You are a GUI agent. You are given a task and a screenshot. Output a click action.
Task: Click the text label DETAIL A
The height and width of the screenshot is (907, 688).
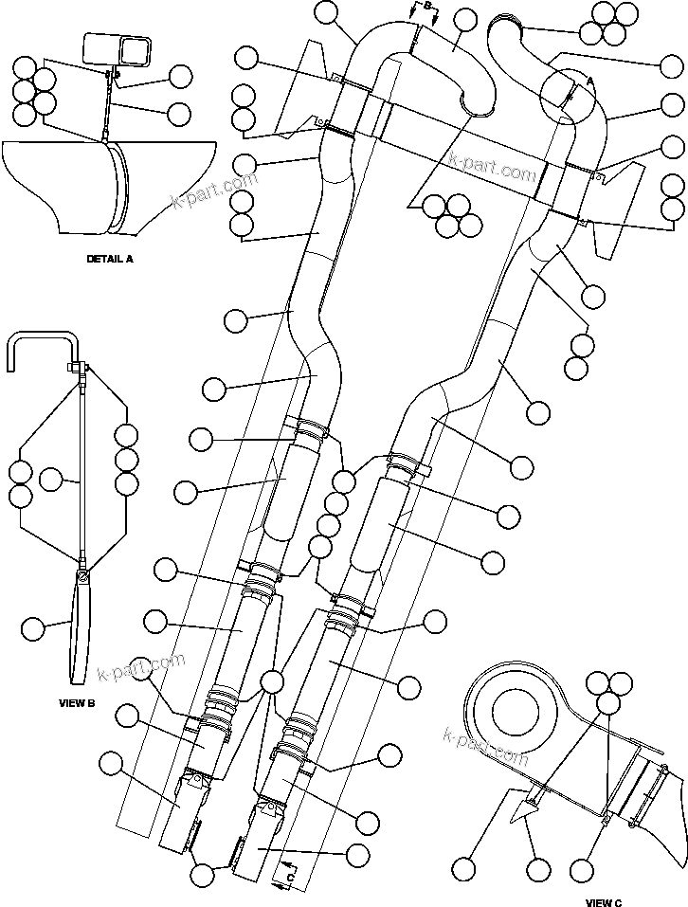click(110, 259)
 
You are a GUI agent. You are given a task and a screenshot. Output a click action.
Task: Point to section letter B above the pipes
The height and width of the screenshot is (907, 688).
click(427, 6)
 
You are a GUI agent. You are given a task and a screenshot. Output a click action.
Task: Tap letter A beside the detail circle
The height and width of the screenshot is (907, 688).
click(589, 82)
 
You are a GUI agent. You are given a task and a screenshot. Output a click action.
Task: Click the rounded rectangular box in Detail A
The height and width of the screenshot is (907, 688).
click(118, 48)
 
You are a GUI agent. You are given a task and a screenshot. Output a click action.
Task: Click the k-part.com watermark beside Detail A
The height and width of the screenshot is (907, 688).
click(213, 190)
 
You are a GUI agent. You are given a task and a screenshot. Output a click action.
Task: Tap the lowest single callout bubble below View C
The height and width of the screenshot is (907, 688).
click(536, 869)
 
